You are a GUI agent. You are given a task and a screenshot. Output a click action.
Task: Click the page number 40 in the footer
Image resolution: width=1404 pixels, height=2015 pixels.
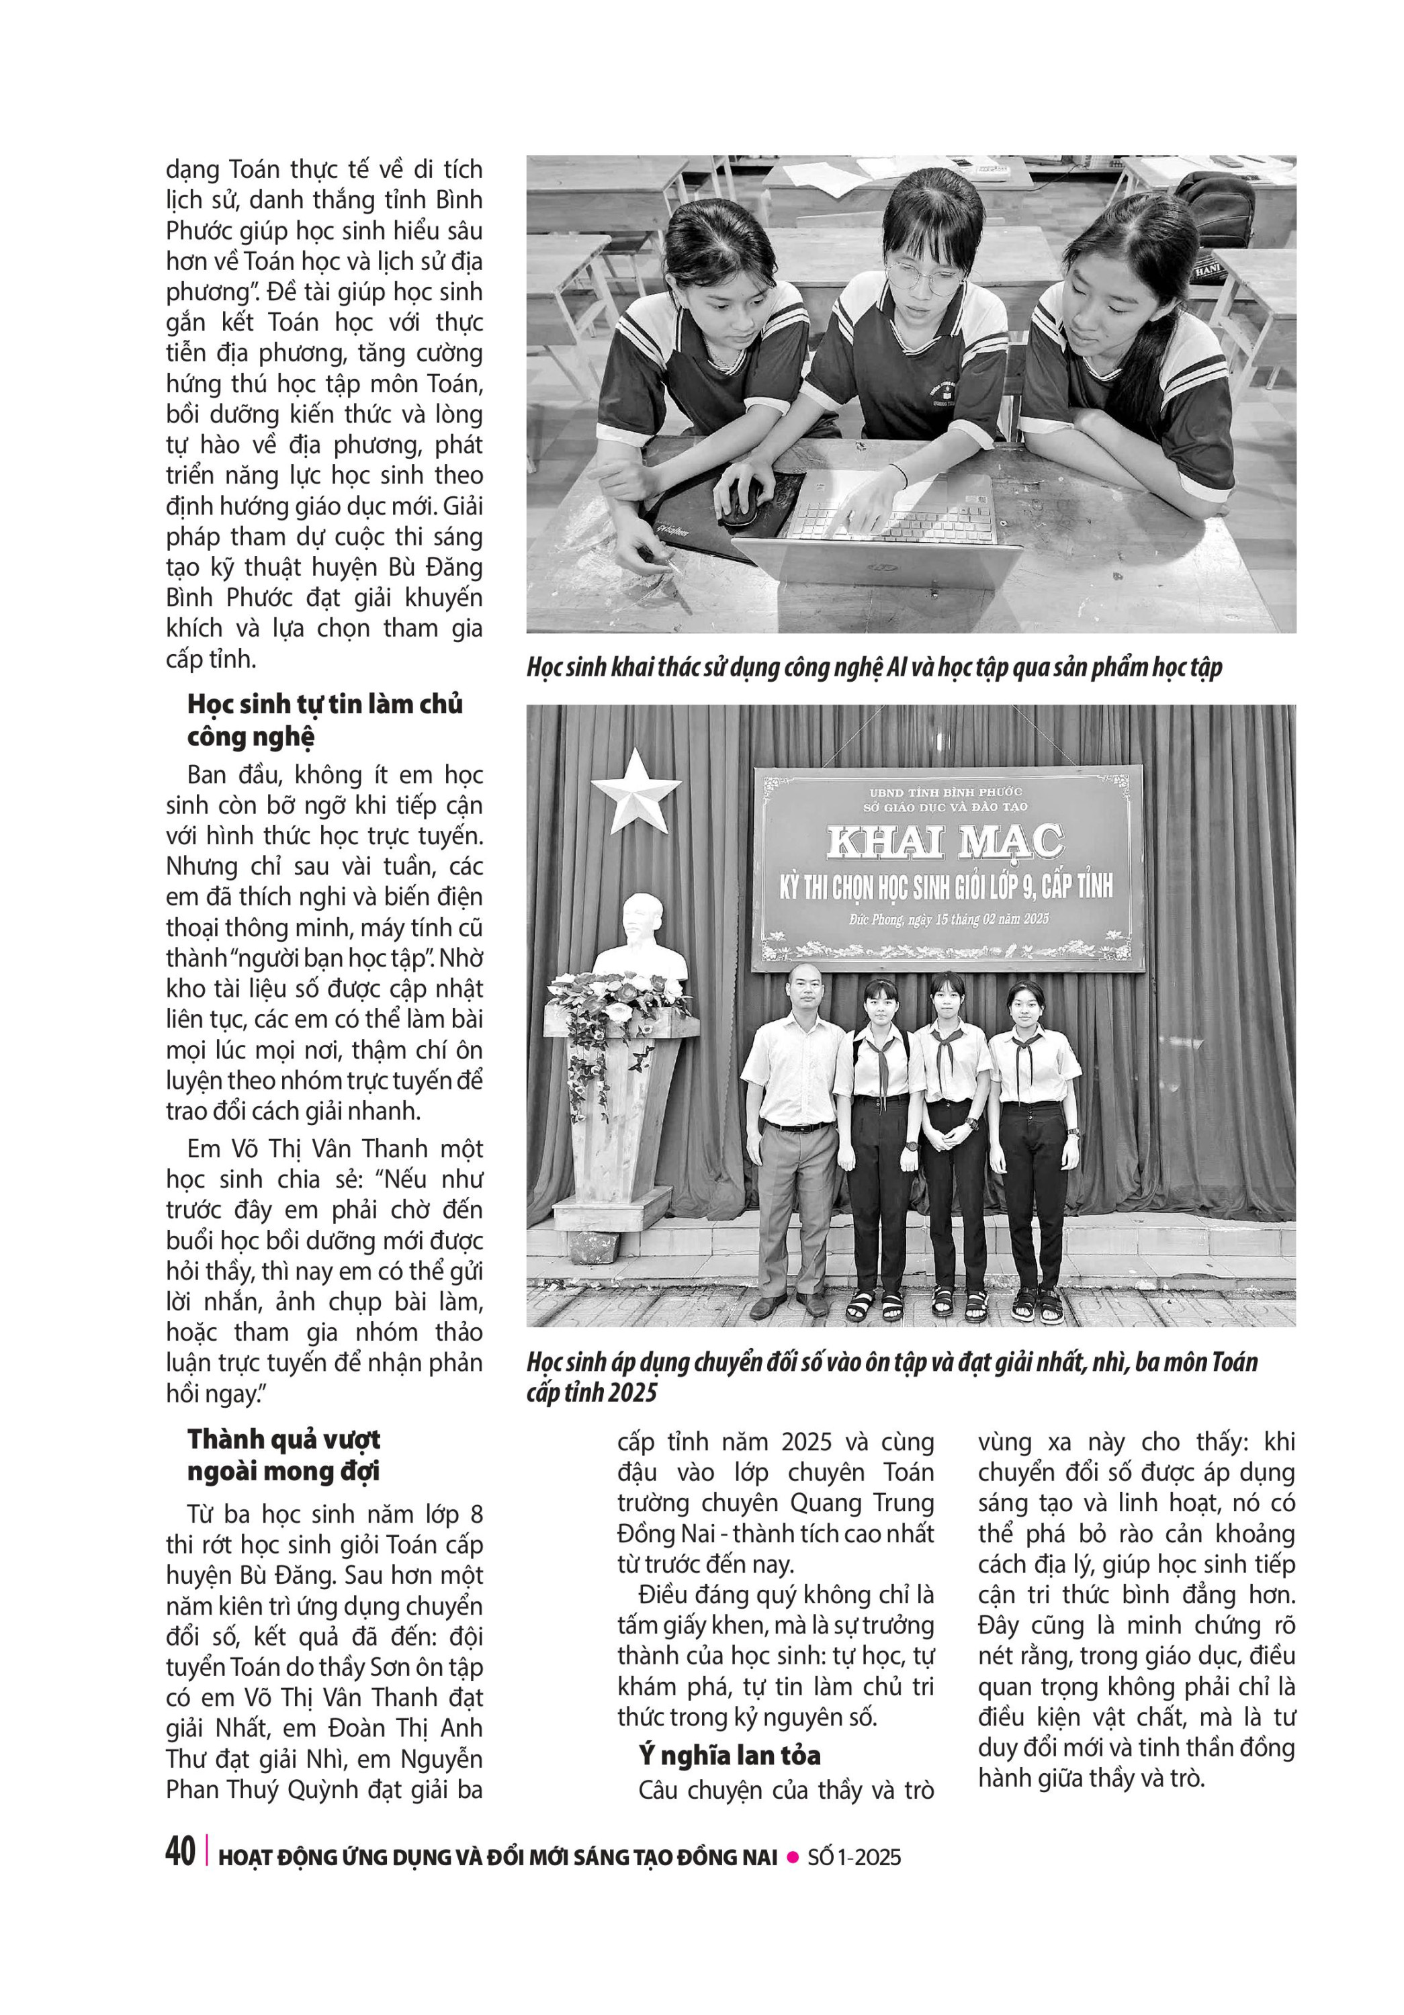click(x=180, y=1852)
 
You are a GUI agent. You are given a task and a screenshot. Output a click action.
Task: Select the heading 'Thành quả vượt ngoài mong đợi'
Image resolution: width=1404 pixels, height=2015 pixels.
click(x=283, y=1454)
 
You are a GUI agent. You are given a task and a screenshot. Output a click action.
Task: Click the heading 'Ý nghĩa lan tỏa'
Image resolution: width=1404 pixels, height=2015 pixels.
click(x=729, y=1754)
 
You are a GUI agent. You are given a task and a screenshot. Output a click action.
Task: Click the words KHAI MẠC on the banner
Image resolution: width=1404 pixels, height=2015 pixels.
click(x=945, y=842)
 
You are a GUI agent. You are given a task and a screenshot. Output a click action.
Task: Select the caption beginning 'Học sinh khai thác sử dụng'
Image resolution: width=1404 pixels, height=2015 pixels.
click(x=873, y=668)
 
